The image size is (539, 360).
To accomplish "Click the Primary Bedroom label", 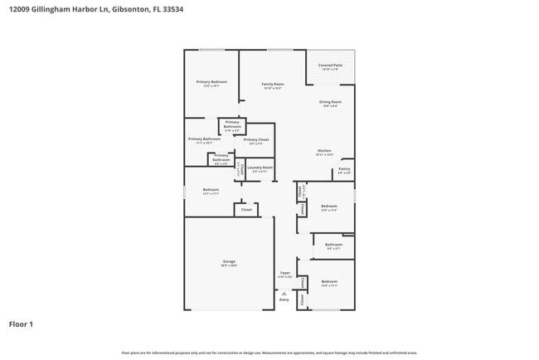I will click(211, 81).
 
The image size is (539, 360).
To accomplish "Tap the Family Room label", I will click(273, 84).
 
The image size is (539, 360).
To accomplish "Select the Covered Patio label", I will click(331, 65).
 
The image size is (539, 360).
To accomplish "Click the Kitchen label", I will click(325, 150).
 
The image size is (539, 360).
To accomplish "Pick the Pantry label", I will click(344, 168).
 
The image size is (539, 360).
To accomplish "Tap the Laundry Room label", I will click(261, 168).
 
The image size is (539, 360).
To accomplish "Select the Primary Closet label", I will click(256, 139).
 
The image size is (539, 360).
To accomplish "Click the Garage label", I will click(228, 262).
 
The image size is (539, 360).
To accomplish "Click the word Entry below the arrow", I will click(284, 299).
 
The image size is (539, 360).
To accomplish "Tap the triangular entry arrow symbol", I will click(284, 293).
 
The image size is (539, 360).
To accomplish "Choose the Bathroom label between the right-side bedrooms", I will click(333, 245).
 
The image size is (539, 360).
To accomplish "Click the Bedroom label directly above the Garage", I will click(211, 189).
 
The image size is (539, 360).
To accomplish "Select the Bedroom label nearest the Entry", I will click(330, 281).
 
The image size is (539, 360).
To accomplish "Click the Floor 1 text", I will click(21, 324).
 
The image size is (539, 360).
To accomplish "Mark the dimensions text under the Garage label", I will click(228, 266).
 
